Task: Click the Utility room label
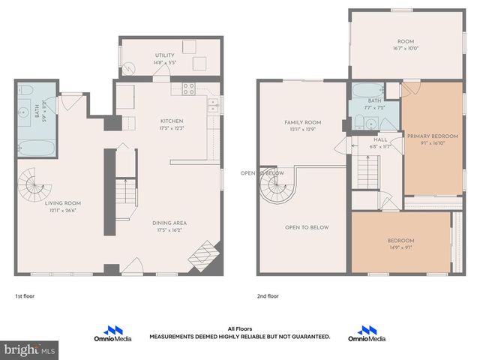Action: pos(164,55)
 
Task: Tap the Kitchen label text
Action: pos(172,121)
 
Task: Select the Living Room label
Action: pos(63,203)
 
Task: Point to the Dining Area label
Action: pos(169,223)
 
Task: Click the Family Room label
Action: pos(302,122)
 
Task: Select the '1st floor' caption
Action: pos(25,296)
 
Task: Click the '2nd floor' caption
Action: pos(268,296)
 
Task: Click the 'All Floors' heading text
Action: pos(239,328)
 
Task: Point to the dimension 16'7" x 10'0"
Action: pos(406,48)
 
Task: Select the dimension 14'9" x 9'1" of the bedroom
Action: pos(400,248)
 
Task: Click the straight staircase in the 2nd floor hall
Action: pos(366,178)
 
